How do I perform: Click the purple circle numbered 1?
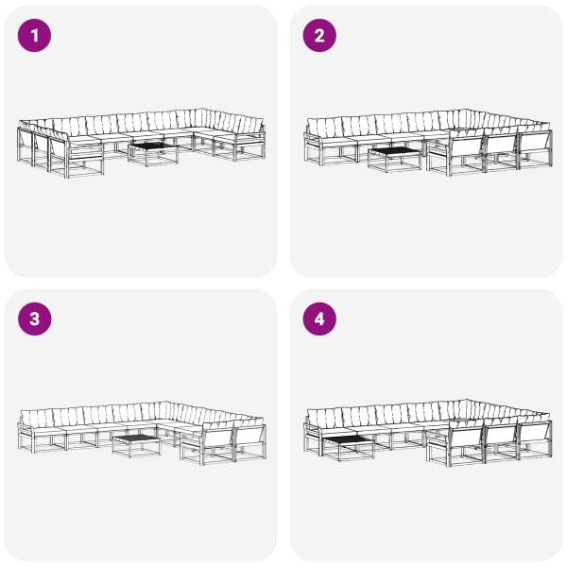34,36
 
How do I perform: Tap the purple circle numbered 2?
319,36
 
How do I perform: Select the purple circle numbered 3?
34,319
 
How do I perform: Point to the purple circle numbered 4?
319,319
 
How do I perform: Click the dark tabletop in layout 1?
153,146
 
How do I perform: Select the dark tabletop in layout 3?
136,438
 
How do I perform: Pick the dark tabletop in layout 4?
348,440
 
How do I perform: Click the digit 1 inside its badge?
35,36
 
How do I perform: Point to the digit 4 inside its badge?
319,319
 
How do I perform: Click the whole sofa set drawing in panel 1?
141,144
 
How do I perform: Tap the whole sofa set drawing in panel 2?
428,143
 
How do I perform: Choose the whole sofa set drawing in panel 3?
142,433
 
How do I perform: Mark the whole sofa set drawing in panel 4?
428,433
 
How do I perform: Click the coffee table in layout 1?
153,154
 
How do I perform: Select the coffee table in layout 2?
394,160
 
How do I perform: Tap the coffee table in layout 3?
136,446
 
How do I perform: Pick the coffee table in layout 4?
348,449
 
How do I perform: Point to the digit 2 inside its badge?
319,36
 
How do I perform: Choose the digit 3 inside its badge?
34,319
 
